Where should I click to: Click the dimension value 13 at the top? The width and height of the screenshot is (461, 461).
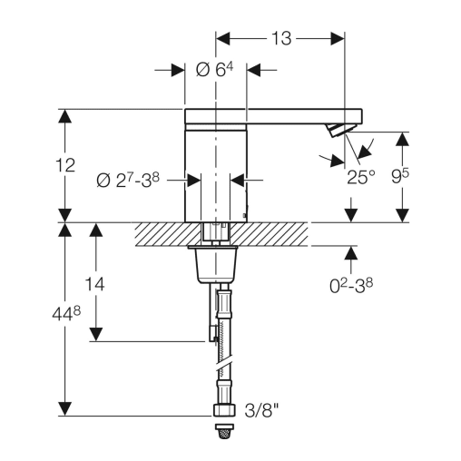(x=281, y=38)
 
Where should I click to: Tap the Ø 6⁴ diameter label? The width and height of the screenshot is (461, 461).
(x=214, y=70)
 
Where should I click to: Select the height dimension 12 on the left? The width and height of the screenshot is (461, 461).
(x=65, y=165)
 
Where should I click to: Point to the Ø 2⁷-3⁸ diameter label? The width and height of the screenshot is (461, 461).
(x=128, y=181)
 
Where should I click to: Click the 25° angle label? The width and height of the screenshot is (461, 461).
(x=361, y=177)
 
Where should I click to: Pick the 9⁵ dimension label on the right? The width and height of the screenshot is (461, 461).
(x=400, y=176)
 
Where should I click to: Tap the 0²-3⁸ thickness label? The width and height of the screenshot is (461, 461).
(x=351, y=286)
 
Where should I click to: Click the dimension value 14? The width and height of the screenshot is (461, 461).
(x=94, y=284)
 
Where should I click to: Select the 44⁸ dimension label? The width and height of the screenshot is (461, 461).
(x=66, y=314)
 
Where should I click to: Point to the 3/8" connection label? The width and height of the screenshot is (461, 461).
(x=261, y=410)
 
